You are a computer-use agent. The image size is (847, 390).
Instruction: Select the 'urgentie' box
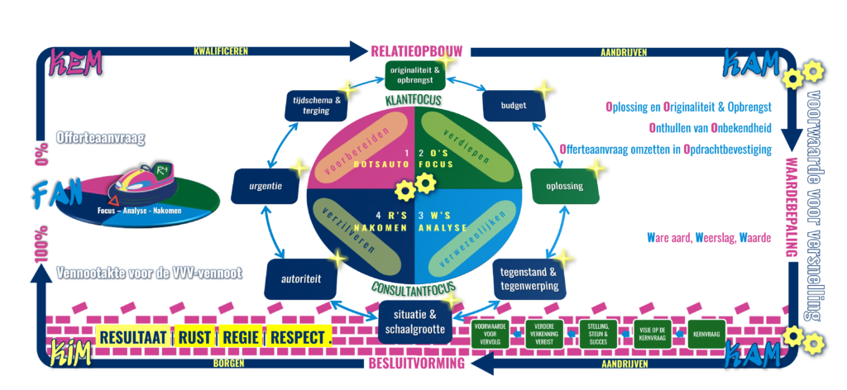coord(265,187)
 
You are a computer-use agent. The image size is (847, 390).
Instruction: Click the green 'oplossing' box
coord(563,186)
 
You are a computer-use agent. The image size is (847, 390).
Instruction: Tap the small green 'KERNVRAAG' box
coord(706,334)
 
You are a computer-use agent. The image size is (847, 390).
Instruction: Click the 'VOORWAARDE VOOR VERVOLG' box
coord(491,334)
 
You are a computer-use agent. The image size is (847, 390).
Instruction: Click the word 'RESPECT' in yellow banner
coord(296,338)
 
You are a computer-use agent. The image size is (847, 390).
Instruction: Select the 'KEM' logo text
coord(77,62)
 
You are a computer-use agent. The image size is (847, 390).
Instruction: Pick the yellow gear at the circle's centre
coord(405,192)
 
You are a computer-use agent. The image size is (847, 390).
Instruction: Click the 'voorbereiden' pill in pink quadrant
coord(357,146)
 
